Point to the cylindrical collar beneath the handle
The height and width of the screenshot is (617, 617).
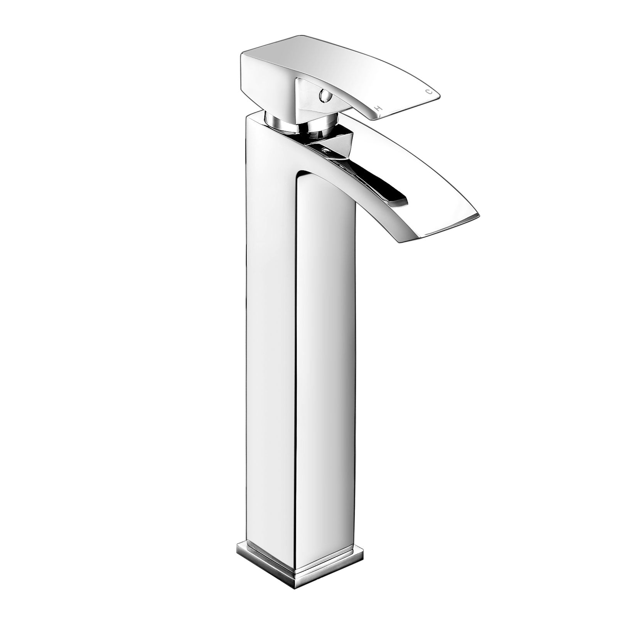285,123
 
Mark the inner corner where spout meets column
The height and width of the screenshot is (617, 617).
299,177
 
